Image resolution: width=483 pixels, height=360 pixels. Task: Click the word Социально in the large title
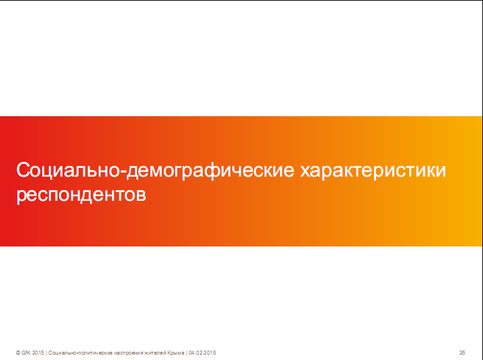68,170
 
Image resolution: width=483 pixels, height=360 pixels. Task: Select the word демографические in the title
210,171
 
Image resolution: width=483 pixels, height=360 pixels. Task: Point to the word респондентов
81,195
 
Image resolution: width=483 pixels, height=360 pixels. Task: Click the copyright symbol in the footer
18,353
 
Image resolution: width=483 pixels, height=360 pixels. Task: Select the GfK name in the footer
26,353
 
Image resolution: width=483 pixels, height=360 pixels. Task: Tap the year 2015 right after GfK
38,353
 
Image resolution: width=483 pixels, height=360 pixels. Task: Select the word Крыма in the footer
176,353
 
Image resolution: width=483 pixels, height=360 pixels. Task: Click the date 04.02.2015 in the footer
202,353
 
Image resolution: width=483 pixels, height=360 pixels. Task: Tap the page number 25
462,353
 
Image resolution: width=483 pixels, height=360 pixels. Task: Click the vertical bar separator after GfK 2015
46,353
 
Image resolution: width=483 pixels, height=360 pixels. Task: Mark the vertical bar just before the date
187,353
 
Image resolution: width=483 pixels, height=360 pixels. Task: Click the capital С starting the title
22,170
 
